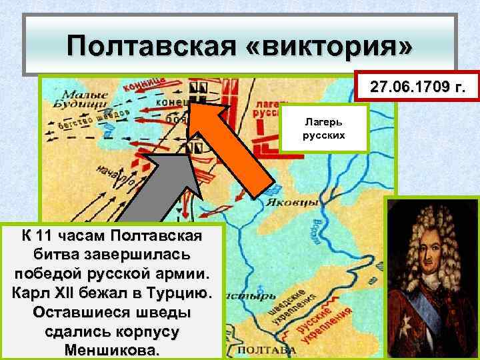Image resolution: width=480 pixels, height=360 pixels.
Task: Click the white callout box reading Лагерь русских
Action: [x=325, y=128]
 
